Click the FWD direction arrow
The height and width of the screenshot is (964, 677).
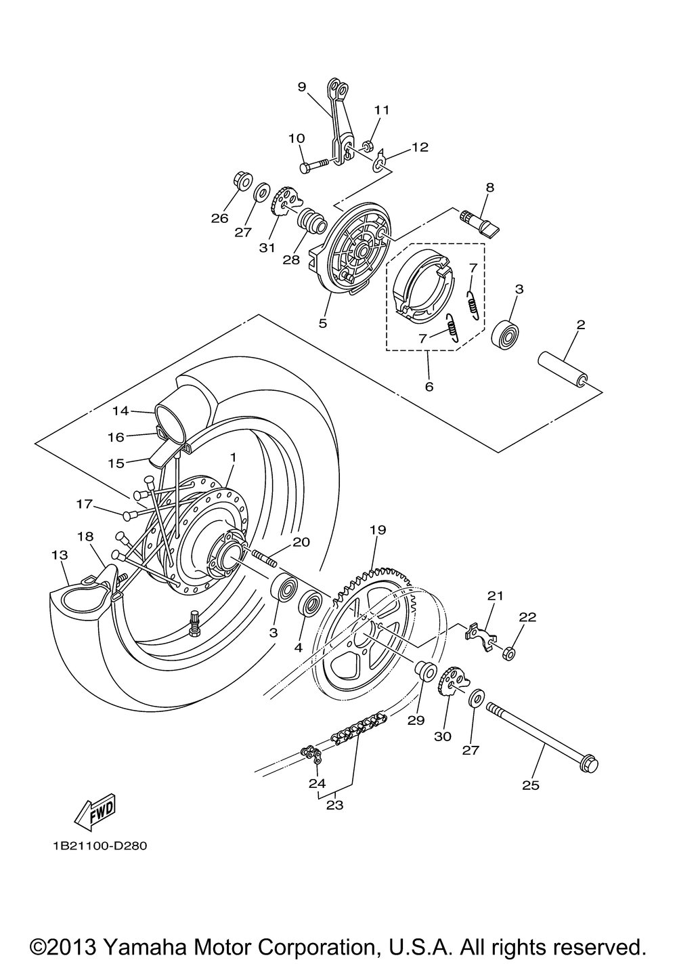point(95,813)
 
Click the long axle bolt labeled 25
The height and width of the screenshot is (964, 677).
point(542,738)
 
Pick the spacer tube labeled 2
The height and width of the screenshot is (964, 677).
point(563,370)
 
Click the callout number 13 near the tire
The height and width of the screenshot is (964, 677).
point(60,555)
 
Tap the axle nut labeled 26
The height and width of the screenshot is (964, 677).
point(242,182)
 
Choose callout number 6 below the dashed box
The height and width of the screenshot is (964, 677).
point(429,386)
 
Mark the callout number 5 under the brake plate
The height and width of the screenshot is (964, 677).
point(322,322)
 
